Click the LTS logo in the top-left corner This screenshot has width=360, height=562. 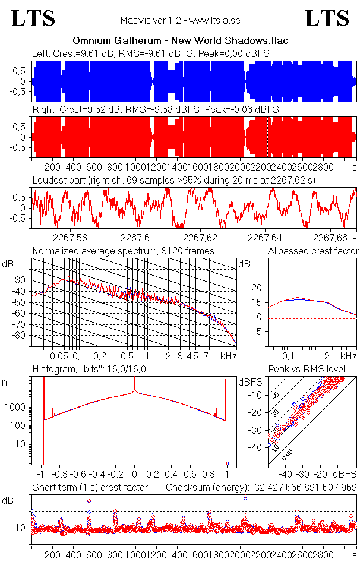(33, 18)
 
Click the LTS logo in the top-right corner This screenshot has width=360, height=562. (327, 18)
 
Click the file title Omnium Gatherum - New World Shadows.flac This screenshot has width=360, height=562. (181, 41)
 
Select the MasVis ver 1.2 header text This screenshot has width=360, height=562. (181, 20)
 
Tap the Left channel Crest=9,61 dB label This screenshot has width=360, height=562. (79, 53)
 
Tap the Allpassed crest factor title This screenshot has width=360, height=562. (312, 251)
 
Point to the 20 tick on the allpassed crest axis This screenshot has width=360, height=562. (257, 288)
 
